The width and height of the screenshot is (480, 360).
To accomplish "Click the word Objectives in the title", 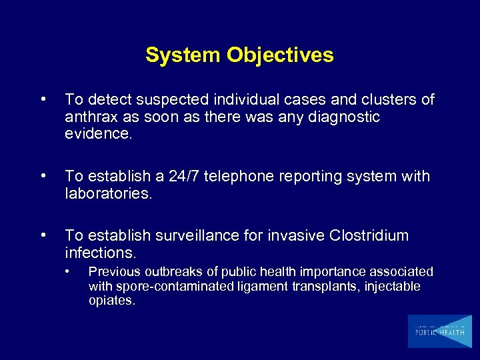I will pos(280,55).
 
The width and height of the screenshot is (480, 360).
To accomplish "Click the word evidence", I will pos(99,133).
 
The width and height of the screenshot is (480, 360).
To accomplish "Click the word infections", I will pos(100,253).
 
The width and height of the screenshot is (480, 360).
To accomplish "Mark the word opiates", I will pos(111,301).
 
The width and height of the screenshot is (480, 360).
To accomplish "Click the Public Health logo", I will pos(439,331).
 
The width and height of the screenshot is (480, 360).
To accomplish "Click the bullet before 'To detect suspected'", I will pos(43,100).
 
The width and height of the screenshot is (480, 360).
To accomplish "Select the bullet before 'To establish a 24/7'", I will pos(43,177).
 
